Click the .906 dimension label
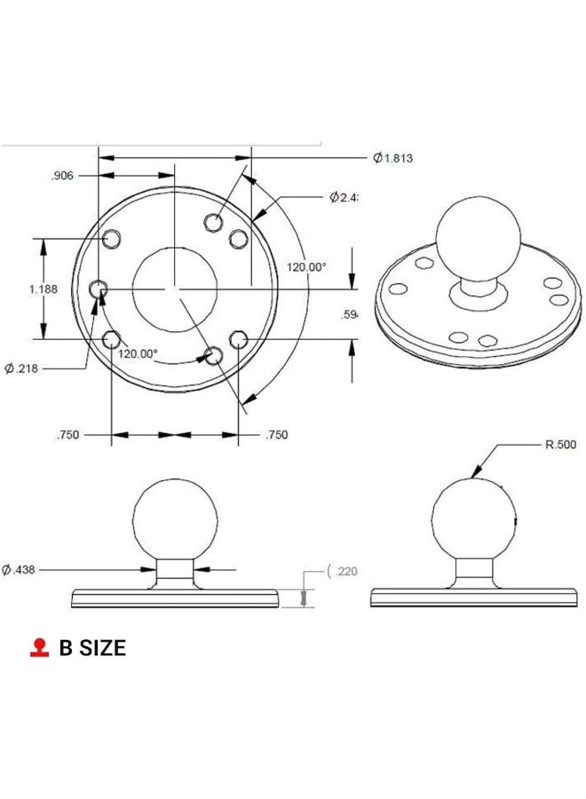tap(61, 176)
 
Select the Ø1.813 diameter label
tap(393, 158)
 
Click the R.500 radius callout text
tap(560, 445)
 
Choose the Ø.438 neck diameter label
tap(20, 569)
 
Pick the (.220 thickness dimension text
tap(344, 571)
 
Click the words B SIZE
tap(92, 648)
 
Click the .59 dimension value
tap(350, 314)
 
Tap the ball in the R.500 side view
tap(473, 518)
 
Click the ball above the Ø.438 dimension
tap(175, 518)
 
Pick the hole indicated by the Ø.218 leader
tap(99, 289)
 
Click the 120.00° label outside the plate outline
tap(305, 266)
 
